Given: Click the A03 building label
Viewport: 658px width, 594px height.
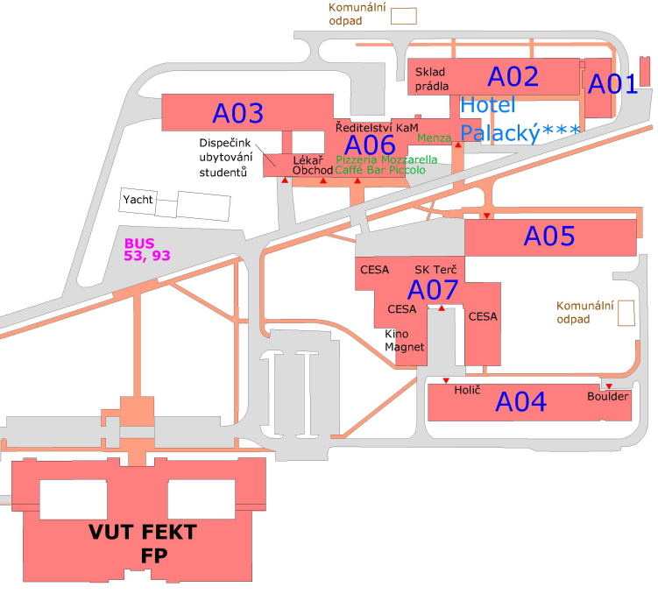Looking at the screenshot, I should pos(237,113).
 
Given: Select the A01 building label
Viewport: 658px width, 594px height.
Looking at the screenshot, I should pos(612,84).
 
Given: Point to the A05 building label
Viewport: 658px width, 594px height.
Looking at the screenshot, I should pos(548,236).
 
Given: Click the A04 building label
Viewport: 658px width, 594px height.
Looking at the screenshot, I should pos(521,402).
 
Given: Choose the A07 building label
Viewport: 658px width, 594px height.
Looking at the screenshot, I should pos(435,289).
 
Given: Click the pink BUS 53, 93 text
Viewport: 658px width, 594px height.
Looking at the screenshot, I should pos(146,250).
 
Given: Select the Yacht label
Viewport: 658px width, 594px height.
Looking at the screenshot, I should pos(138,200).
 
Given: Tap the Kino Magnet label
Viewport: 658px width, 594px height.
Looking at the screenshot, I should pos(404,341).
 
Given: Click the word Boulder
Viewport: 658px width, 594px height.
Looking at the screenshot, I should pos(608,397).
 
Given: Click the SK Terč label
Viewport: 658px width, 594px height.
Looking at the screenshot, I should pos(435,268).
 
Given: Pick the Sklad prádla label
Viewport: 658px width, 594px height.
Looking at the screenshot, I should pos(432,79).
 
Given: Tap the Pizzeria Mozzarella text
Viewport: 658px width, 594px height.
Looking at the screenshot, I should pos(386,159).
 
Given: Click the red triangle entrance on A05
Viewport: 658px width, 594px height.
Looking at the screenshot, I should pos(487,216).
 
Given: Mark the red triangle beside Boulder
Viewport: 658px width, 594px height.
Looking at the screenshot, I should pos(609,386).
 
